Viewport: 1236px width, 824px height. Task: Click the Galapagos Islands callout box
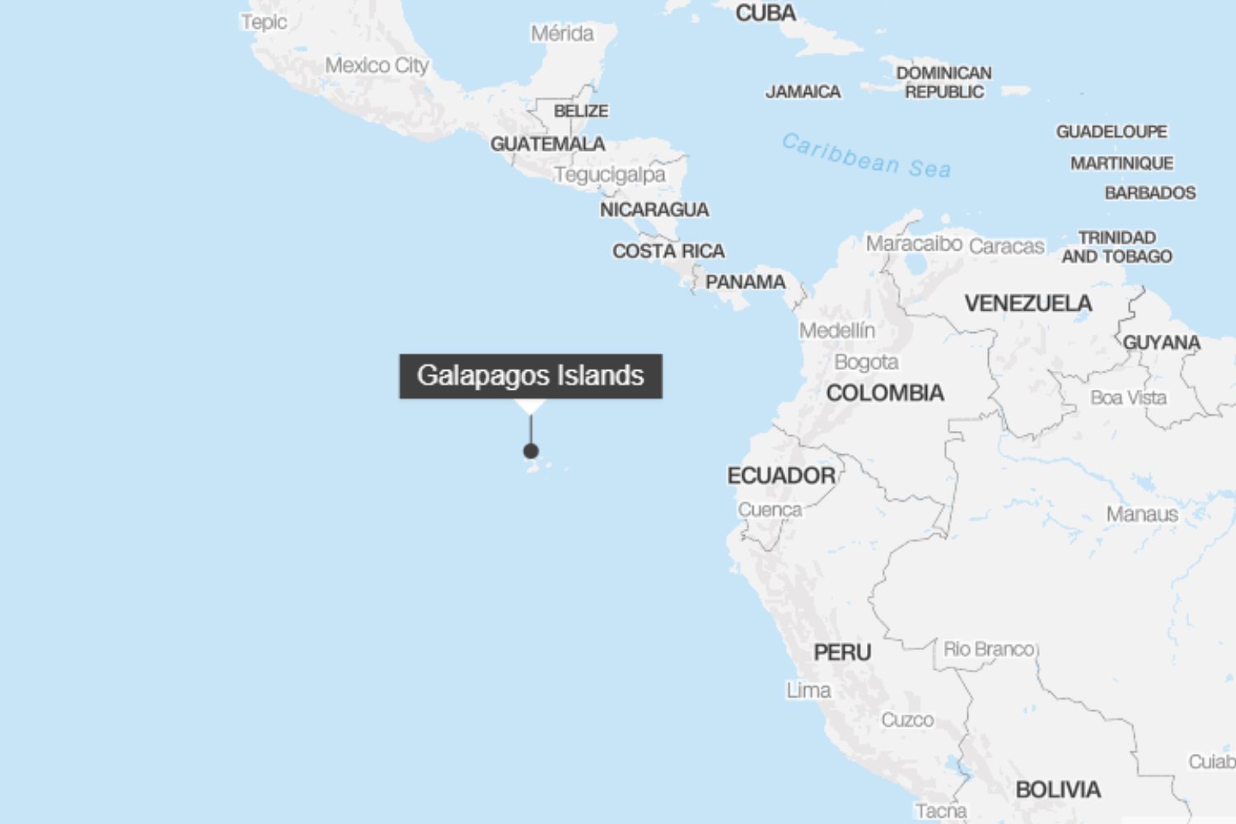(x=531, y=376)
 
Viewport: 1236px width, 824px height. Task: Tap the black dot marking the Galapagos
(x=531, y=451)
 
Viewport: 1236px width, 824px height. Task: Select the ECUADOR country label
(x=781, y=475)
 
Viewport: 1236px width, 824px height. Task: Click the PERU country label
(x=842, y=653)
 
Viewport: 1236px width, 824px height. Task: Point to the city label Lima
(x=808, y=691)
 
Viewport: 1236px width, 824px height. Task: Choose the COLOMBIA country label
(x=885, y=393)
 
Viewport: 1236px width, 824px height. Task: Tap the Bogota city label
(x=866, y=362)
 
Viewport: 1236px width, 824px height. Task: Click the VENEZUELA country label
(x=1028, y=303)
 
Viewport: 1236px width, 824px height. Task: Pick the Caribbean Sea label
(x=866, y=156)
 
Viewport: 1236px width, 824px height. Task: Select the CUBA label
(x=765, y=13)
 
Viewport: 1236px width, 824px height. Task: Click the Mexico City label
(x=377, y=65)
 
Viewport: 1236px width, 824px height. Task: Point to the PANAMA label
(x=746, y=282)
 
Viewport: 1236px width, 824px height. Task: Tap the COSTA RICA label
(x=668, y=250)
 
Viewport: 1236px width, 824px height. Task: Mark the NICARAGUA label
(x=654, y=209)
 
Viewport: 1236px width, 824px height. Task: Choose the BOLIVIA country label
(x=1058, y=789)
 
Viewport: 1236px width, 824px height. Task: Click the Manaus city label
(x=1142, y=514)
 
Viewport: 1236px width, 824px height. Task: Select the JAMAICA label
(x=803, y=91)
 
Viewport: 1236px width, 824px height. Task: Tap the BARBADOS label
(x=1150, y=193)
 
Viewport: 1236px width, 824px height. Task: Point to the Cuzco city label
(x=907, y=720)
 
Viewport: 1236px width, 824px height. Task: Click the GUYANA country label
(x=1162, y=342)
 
